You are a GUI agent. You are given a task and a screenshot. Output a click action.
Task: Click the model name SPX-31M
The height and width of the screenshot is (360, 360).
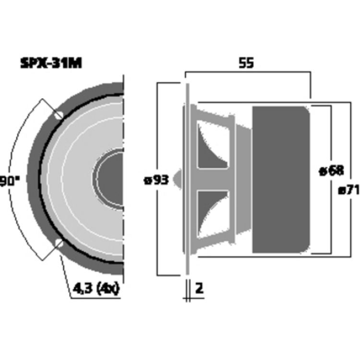51,63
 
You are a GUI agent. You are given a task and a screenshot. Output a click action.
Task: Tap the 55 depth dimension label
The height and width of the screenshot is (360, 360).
246,63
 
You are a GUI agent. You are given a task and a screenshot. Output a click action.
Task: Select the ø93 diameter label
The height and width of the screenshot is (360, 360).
156,180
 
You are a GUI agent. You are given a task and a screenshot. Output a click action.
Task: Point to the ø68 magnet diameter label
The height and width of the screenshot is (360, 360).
332,171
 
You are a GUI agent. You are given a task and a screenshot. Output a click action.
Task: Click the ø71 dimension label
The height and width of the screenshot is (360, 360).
348,190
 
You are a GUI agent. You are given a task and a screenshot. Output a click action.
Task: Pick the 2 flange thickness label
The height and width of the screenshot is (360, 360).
199,288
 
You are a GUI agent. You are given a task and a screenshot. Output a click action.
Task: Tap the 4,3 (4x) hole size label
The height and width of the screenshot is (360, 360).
96,288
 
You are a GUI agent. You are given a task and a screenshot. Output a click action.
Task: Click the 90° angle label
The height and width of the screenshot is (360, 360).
10,181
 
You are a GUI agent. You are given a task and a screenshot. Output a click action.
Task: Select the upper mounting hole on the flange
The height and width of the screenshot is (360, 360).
59,115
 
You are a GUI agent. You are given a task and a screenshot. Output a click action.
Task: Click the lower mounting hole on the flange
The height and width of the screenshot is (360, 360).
59,243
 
